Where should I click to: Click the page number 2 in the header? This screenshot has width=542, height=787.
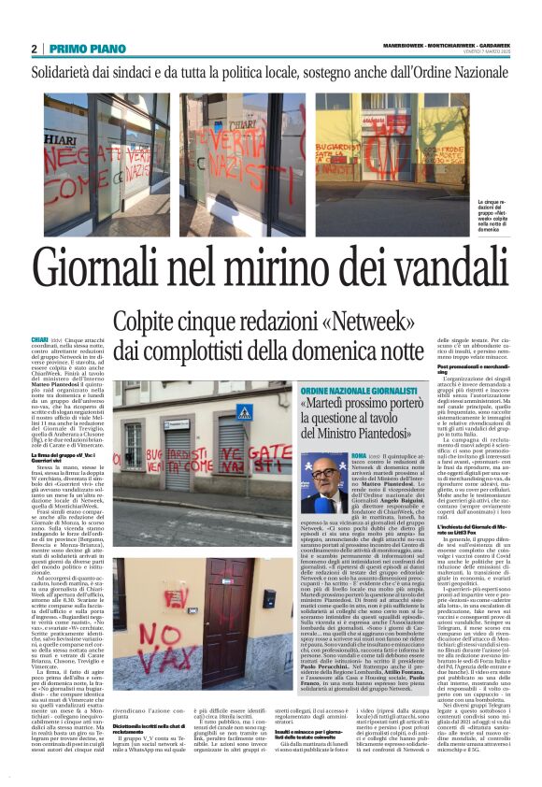(x=34, y=50)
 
